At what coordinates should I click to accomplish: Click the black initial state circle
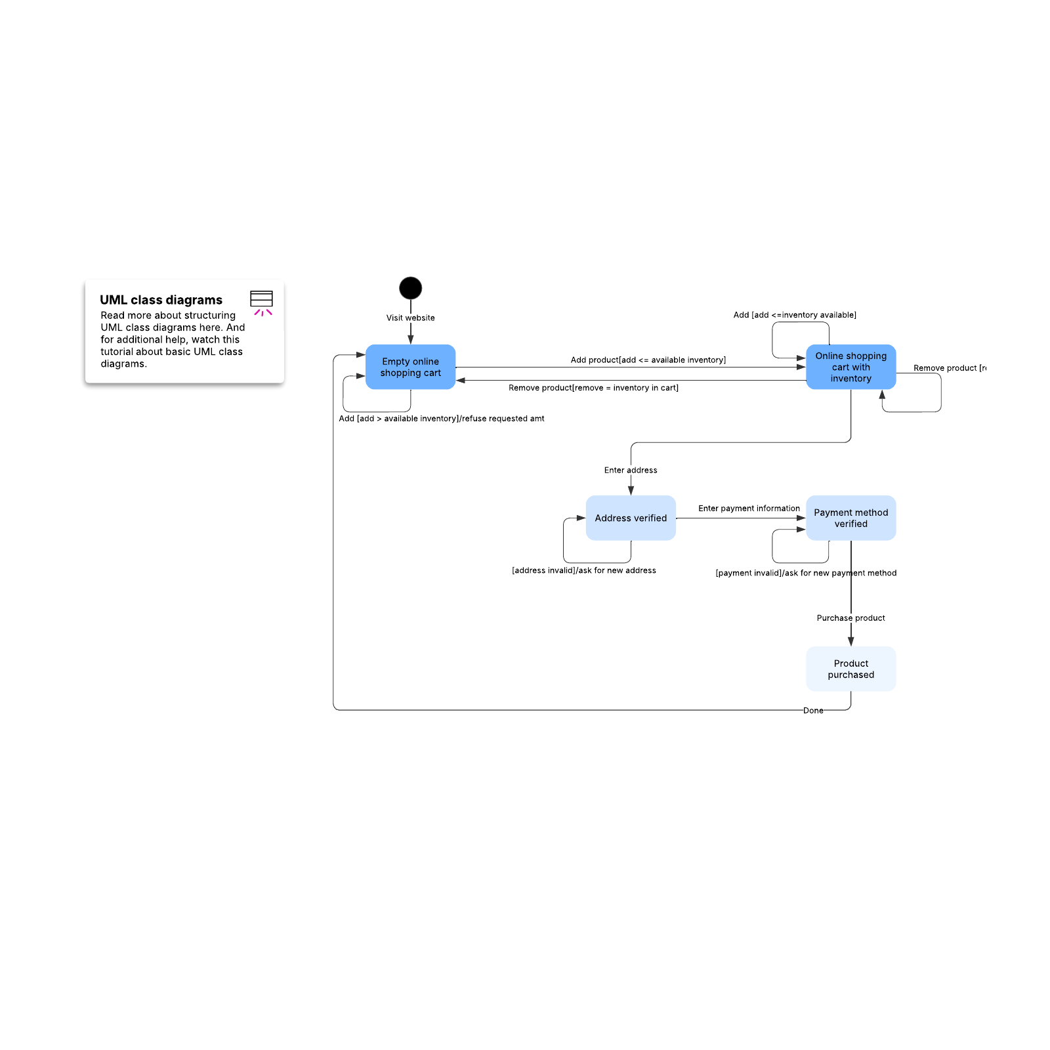(410, 288)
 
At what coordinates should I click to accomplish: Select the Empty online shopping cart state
(410, 367)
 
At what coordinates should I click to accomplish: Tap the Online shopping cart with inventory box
(850, 367)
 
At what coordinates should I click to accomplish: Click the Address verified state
(630, 518)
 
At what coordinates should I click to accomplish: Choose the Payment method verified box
(850, 518)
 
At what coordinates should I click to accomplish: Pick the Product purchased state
(850, 669)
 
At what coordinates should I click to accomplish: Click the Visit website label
(410, 318)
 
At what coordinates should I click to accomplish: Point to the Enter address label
(630, 470)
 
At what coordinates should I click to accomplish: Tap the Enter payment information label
(749, 508)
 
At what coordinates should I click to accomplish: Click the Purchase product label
(850, 618)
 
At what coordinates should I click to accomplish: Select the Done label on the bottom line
(813, 710)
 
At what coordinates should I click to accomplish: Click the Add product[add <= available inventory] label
(648, 360)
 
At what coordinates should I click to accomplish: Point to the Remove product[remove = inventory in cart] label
(593, 388)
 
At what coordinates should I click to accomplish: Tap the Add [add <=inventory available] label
(794, 315)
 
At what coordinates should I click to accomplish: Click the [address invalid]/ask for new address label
(583, 570)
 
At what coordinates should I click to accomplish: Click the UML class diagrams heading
(161, 300)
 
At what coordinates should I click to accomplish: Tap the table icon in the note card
(261, 299)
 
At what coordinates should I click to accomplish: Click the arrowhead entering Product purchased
(850, 641)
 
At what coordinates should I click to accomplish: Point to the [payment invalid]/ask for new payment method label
(805, 573)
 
